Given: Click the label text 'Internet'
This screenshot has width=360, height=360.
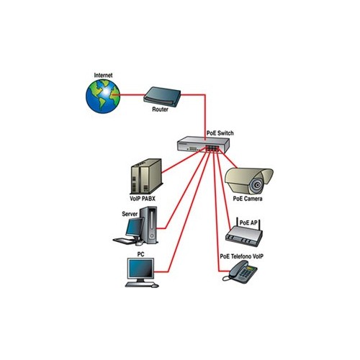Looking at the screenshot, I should [104, 75].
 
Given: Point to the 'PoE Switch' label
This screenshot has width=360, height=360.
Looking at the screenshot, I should [220, 133].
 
